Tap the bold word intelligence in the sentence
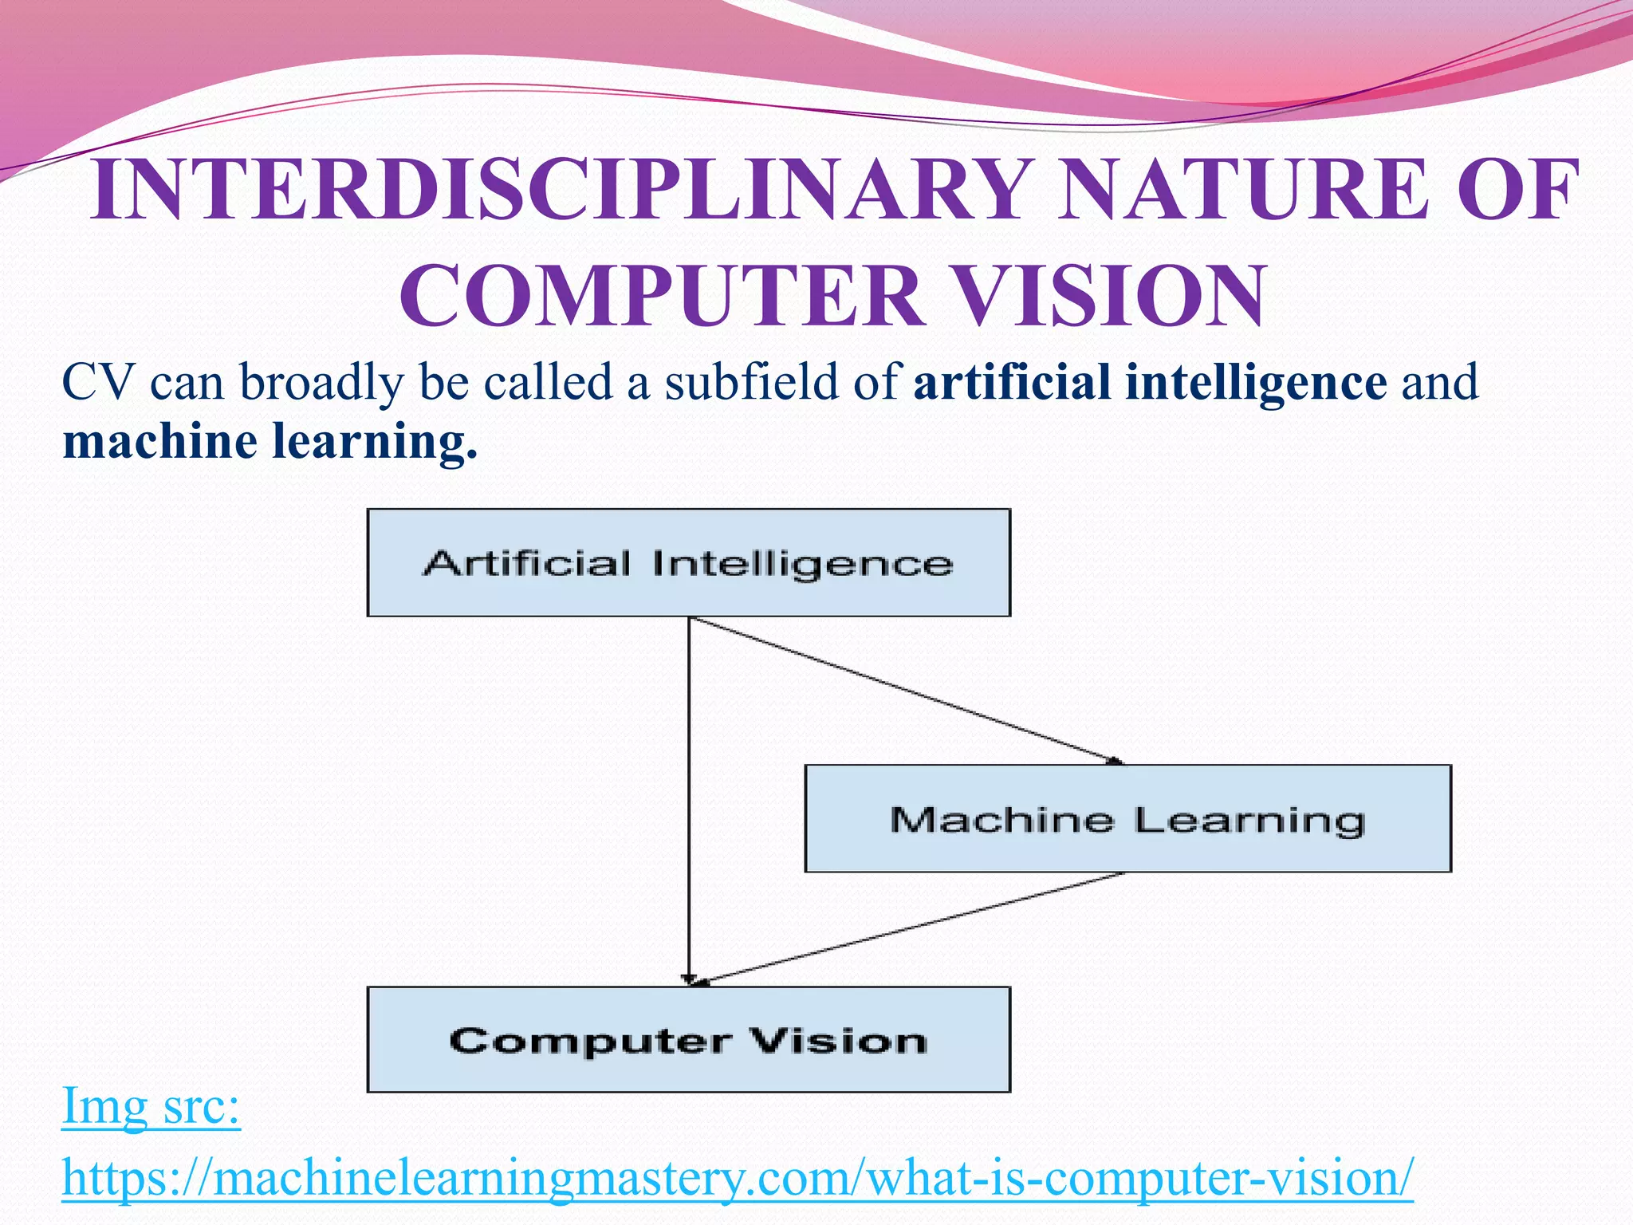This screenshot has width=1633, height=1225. point(1256,381)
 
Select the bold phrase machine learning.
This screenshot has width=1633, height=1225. point(270,441)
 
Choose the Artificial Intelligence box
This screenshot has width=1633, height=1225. point(688,563)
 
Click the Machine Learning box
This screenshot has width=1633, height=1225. point(1127,819)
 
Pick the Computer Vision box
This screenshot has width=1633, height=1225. point(688,1040)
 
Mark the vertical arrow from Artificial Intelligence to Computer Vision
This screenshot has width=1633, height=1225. point(689,798)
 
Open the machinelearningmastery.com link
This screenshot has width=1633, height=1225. point(738,1178)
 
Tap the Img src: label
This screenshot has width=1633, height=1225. point(151,1106)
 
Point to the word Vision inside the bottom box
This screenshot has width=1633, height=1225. point(838,1041)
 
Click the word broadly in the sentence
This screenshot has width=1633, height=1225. point(321,383)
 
